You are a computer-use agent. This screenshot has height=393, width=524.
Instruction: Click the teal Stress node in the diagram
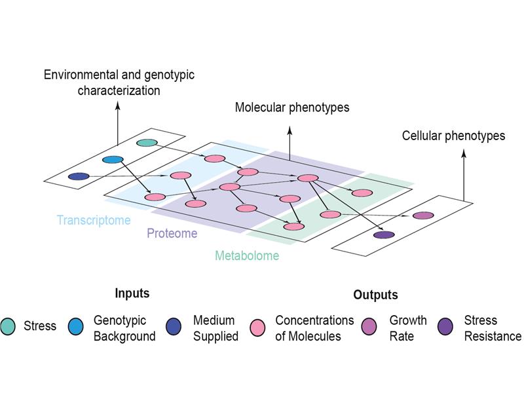click(147, 143)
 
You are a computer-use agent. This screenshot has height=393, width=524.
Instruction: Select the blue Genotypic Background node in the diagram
click(113, 159)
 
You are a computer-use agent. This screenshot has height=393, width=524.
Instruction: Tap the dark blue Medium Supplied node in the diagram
click(79, 176)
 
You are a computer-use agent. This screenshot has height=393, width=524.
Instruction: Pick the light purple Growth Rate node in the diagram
click(423, 215)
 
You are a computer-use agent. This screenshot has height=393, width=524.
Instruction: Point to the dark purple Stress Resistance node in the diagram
click(384, 234)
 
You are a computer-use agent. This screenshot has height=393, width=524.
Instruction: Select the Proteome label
click(172, 234)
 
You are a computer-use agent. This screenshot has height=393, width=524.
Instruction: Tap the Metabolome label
click(247, 255)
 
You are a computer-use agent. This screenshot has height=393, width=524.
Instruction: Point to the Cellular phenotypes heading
click(453, 136)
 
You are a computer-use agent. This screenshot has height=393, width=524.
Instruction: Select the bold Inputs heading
click(132, 293)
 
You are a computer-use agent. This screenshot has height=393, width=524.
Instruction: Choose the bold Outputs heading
click(375, 295)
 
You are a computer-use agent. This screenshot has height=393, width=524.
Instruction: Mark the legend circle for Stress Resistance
click(446, 326)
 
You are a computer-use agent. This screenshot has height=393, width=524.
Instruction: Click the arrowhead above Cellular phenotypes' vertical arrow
click(464, 153)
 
